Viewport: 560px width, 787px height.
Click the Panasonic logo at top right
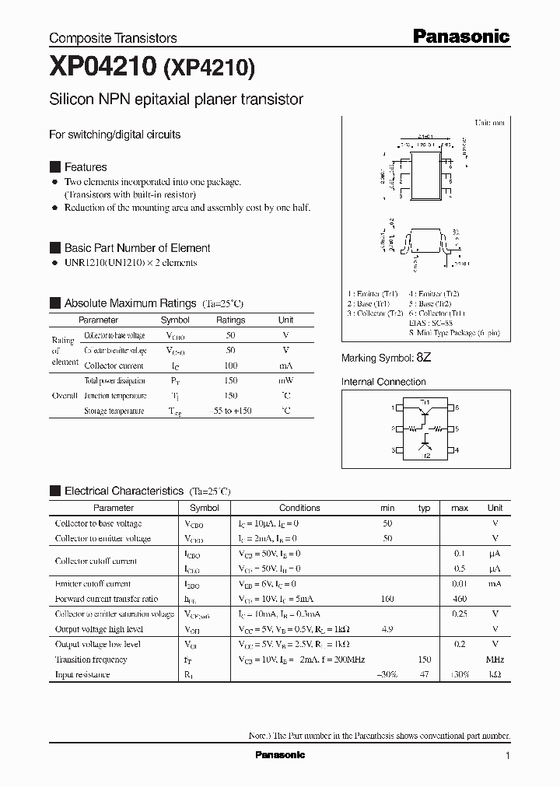pyautogui.click(x=460, y=36)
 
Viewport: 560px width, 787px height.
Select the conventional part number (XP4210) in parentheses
pyautogui.click(x=208, y=70)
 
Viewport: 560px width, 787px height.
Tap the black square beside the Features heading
pyautogui.click(x=54, y=167)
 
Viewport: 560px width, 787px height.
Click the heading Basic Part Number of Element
pyautogui.click(x=137, y=248)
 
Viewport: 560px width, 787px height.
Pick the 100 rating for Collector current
pyautogui.click(x=230, y=366)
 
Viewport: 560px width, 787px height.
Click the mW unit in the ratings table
pyautogui.click(x=286, y=381)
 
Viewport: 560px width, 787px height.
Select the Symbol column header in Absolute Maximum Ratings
pyautogui.click(x=175, y=320)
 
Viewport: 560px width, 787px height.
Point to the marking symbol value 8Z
pyautogui.click(x=423, y=358)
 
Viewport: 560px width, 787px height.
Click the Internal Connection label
pyautogui.click(x=383, y=382)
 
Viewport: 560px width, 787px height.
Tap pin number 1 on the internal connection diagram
pyautogui.click(x=392, y=407)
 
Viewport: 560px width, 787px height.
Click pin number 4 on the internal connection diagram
pyautogui.click(x=457, y=449)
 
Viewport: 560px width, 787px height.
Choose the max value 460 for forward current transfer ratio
pyautogui.click(x=459, y=599)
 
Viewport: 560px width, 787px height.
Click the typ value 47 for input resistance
pyautogui.click(x=424, y=674)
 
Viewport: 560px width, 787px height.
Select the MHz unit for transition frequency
pyautogui.click(x=495, y=659)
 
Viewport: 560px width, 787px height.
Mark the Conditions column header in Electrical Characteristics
pyautogui.click(x=299, y=508)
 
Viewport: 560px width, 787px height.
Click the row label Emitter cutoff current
pyautogui.click(x=93, y=584)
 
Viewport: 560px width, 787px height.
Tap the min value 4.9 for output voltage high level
pyautogui.click(x=387, y=629)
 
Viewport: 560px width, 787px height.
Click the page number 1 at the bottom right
pyautogui.click(x=508, y=755)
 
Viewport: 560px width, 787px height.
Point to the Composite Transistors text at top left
pyautogui.click(x=113, y=38)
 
